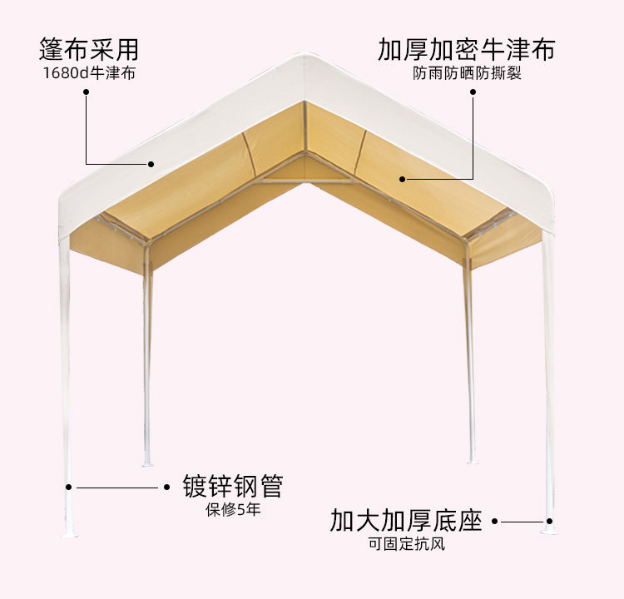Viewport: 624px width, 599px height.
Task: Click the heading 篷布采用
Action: pos(89,48)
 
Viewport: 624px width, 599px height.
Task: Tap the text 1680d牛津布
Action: pos(89,72)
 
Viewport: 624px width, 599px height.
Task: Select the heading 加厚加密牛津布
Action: pos(466,49)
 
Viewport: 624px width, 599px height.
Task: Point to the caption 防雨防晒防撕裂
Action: pos(467,73)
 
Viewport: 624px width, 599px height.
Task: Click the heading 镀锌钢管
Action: pos(233,486)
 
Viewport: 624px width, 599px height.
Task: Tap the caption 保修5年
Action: pos(233,509)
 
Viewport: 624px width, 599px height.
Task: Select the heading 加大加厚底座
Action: pos(406,522)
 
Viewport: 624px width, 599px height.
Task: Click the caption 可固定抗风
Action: pos(407,545)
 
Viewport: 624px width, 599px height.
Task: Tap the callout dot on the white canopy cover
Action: pos(151,163)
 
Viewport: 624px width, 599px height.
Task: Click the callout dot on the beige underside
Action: pos(401,178)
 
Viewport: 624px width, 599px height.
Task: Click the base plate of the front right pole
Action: pos(548,528)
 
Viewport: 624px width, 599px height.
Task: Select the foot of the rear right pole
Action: pos(472,459)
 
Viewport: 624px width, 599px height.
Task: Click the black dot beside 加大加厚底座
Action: pos(494,522)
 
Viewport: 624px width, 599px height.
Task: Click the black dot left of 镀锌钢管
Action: pos(165,487)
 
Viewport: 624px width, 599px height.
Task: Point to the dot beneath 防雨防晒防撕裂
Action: pos(473,94)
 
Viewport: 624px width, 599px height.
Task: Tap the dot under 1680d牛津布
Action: pos(86,93)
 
